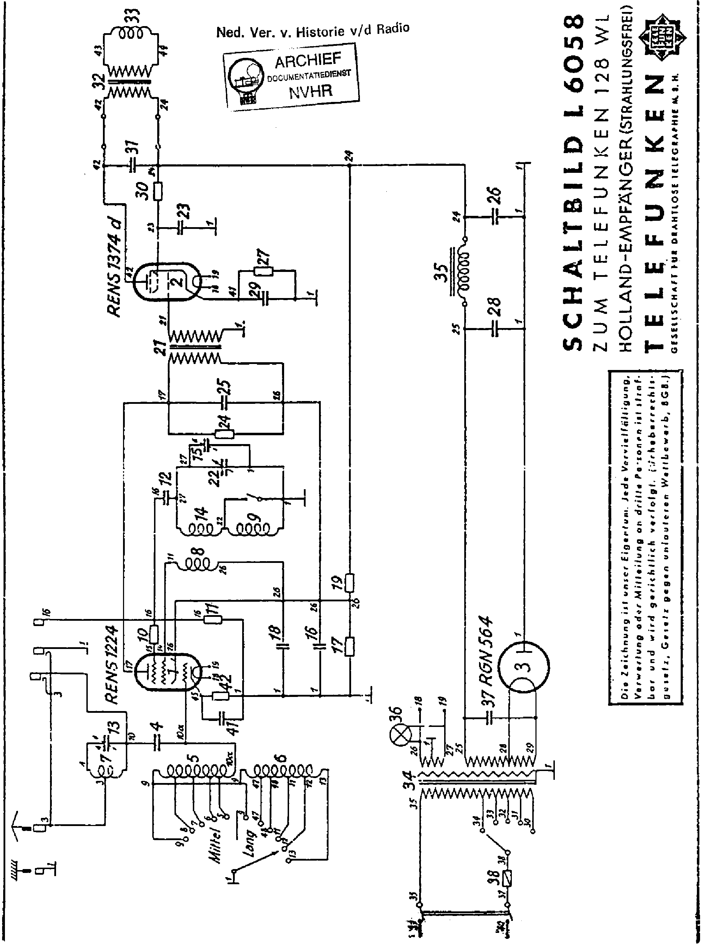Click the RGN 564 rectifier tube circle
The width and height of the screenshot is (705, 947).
525,667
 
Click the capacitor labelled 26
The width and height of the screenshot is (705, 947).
495,217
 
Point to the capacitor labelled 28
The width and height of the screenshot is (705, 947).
495,329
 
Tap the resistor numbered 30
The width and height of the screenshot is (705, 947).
158,191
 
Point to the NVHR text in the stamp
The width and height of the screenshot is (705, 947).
310,91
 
